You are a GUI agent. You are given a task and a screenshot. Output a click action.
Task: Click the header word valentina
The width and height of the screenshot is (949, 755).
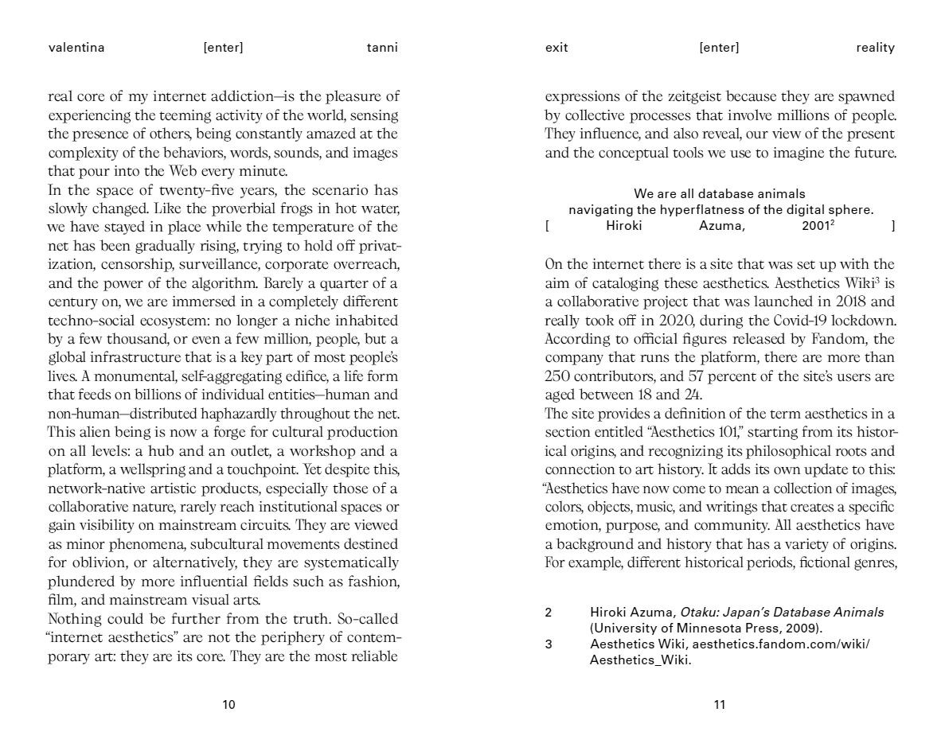[76, 48]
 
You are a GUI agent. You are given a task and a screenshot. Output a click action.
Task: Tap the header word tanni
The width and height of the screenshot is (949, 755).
[382, 48]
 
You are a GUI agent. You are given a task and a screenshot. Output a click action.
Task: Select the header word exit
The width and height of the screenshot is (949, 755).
[557, 48]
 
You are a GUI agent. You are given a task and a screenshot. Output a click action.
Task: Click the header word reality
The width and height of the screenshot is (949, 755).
[876, 48]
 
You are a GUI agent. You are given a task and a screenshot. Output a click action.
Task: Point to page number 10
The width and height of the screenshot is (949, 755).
[228, 705]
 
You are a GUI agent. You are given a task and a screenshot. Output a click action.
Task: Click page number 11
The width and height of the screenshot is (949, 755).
[720, 705]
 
